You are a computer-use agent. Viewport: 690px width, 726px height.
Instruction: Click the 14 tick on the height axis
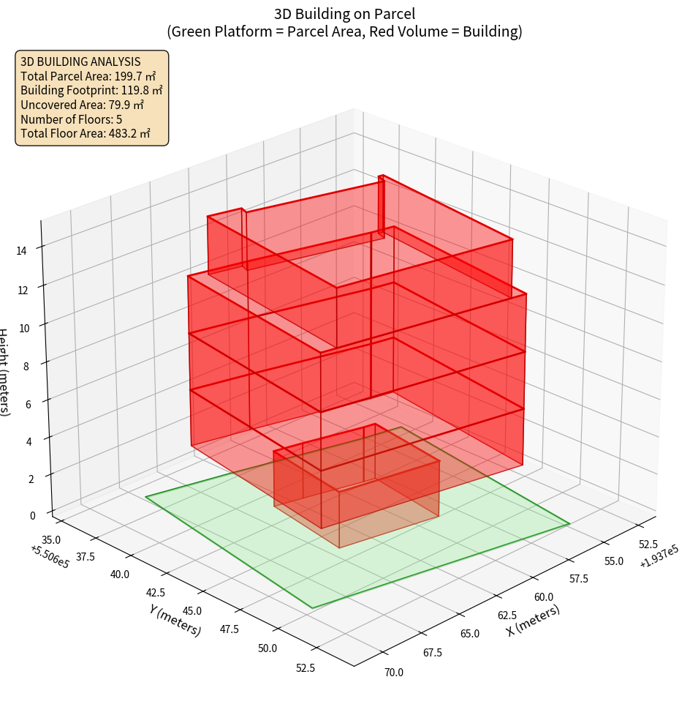tap(22, 250)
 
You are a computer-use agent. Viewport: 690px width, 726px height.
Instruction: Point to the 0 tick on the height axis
tap(32, 515)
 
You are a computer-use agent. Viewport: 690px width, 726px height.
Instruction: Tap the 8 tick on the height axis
tap(26, 365)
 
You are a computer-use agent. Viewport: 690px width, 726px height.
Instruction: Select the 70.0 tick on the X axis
tap(393, 672)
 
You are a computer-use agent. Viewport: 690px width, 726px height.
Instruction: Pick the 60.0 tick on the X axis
tap(542, 598)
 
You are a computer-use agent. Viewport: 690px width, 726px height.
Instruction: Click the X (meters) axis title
tap(533, 620)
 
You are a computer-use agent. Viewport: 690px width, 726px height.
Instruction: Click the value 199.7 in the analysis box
tap(129, 76)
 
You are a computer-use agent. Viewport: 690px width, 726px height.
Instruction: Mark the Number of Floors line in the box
tap(72, 119)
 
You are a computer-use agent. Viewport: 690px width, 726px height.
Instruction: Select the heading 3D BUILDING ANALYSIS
tap(80, 62)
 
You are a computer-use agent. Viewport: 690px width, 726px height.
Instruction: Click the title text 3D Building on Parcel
tap(344, 14)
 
